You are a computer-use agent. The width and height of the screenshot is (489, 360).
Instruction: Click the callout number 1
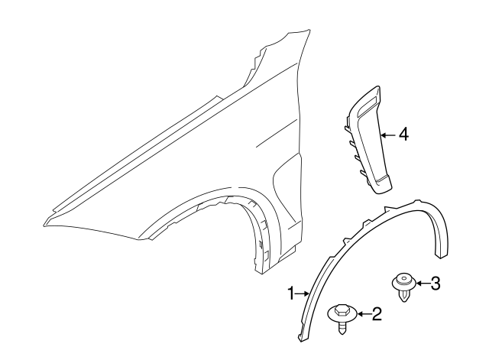point(291,292)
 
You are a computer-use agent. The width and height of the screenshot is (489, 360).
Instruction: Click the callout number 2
point(375,313)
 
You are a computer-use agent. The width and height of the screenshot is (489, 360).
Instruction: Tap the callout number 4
point(404,135)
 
